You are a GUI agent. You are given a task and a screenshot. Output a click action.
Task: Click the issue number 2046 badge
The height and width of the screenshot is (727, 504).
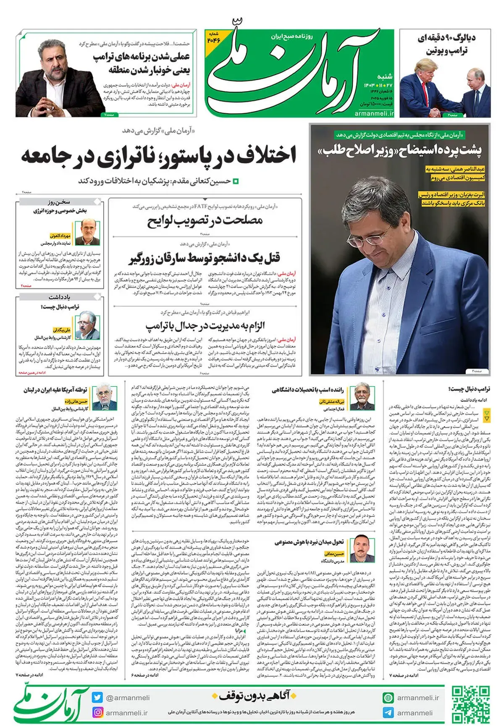pyautogui.click(x=213, y=37)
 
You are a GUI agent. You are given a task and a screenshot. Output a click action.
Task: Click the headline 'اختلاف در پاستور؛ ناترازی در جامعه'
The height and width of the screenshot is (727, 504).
pyautogui.click(x=159, y=155)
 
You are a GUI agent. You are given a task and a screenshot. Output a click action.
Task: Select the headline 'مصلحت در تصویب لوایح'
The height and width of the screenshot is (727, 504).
pyautogui.click(x=205, y=220)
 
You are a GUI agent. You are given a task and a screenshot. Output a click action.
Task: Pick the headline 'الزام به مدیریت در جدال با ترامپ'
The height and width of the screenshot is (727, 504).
pyautogui.click(x=205, y=326)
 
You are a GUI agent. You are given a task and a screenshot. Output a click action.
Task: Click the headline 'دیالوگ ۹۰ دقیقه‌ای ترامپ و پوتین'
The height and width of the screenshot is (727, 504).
pyautogui.click(x=447, y=44)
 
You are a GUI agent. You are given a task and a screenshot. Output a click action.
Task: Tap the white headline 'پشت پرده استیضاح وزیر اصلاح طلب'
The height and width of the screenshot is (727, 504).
pyautogui.click(x=399, y=150)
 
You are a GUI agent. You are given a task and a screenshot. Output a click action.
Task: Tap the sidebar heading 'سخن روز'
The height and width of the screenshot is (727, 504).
pyautogui.click(x=59, y=202)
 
